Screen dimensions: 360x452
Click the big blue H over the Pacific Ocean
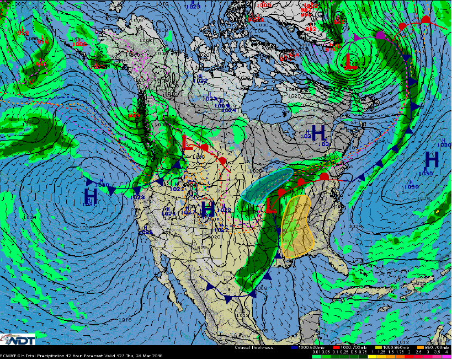[91, 195]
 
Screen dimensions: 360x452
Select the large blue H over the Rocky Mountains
[208, 209]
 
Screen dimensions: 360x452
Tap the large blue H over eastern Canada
[318, 132]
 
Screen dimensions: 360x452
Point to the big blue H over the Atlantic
[432, 160]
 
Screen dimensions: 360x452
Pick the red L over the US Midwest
[270, 205]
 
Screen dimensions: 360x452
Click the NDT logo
[19, 338]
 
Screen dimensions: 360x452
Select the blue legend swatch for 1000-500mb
[294, 348]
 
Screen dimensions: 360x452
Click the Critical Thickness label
[254, 348]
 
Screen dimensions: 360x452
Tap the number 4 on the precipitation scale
[444, 352]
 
